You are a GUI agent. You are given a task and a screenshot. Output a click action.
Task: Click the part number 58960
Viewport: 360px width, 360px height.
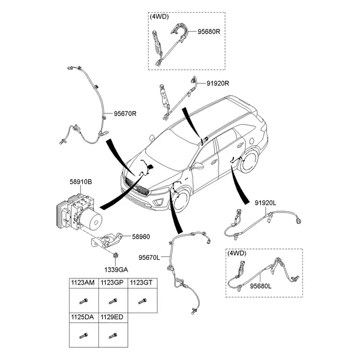pos(141,238)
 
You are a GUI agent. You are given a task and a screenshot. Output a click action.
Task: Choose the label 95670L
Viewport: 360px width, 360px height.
pos(149,257)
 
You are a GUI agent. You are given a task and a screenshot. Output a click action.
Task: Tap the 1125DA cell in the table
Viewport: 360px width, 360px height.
pos(83,316)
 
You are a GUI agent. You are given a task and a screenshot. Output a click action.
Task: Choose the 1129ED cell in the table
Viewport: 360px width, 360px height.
pos(113,316)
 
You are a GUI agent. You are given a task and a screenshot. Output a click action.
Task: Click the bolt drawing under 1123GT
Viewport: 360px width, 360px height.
pos(142,300)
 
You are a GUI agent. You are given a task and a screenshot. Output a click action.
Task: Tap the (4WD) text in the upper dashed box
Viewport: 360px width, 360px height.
pos(159,17)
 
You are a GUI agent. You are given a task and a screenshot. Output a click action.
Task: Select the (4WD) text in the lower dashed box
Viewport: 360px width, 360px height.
pos(237,253)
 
